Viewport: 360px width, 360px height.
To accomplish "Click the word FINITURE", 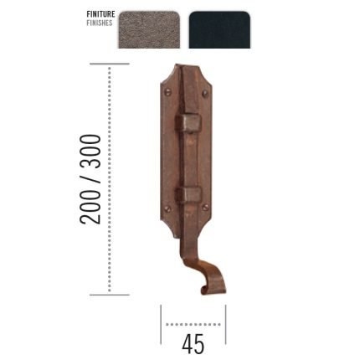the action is [100, 14].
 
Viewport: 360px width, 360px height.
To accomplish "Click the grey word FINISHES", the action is [100, 23].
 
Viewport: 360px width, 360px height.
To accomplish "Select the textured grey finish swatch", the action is [149, 30].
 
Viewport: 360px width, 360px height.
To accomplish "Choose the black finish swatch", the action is [219, 30].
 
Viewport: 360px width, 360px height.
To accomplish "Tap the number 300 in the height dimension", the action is [90, 152].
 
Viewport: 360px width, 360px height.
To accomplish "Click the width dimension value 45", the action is [193, 344].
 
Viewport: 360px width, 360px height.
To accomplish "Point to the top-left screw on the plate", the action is [168, 92].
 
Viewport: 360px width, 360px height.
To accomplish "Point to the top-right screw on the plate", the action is [205, 93].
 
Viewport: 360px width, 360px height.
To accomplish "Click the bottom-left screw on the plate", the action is [167, 208].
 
